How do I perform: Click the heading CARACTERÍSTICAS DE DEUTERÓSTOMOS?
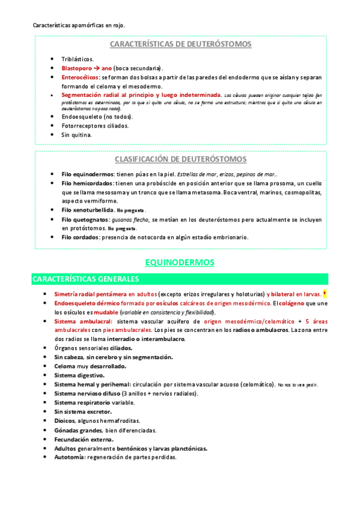[180, 45]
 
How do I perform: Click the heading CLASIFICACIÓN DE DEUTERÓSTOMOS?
[180, 159]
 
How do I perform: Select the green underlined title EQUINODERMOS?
[180, 262]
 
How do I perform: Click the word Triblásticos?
[78, 59]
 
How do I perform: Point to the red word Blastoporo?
[76, 68]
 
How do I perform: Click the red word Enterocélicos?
[81, 78]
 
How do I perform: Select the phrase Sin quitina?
[76, 135]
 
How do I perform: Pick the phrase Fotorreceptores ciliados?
[95, 126]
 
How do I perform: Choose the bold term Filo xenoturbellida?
[88, 210]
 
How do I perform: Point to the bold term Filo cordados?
[81, 237]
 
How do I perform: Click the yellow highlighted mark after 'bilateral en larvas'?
[325, 294]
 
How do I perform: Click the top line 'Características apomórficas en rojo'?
[78, 25]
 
